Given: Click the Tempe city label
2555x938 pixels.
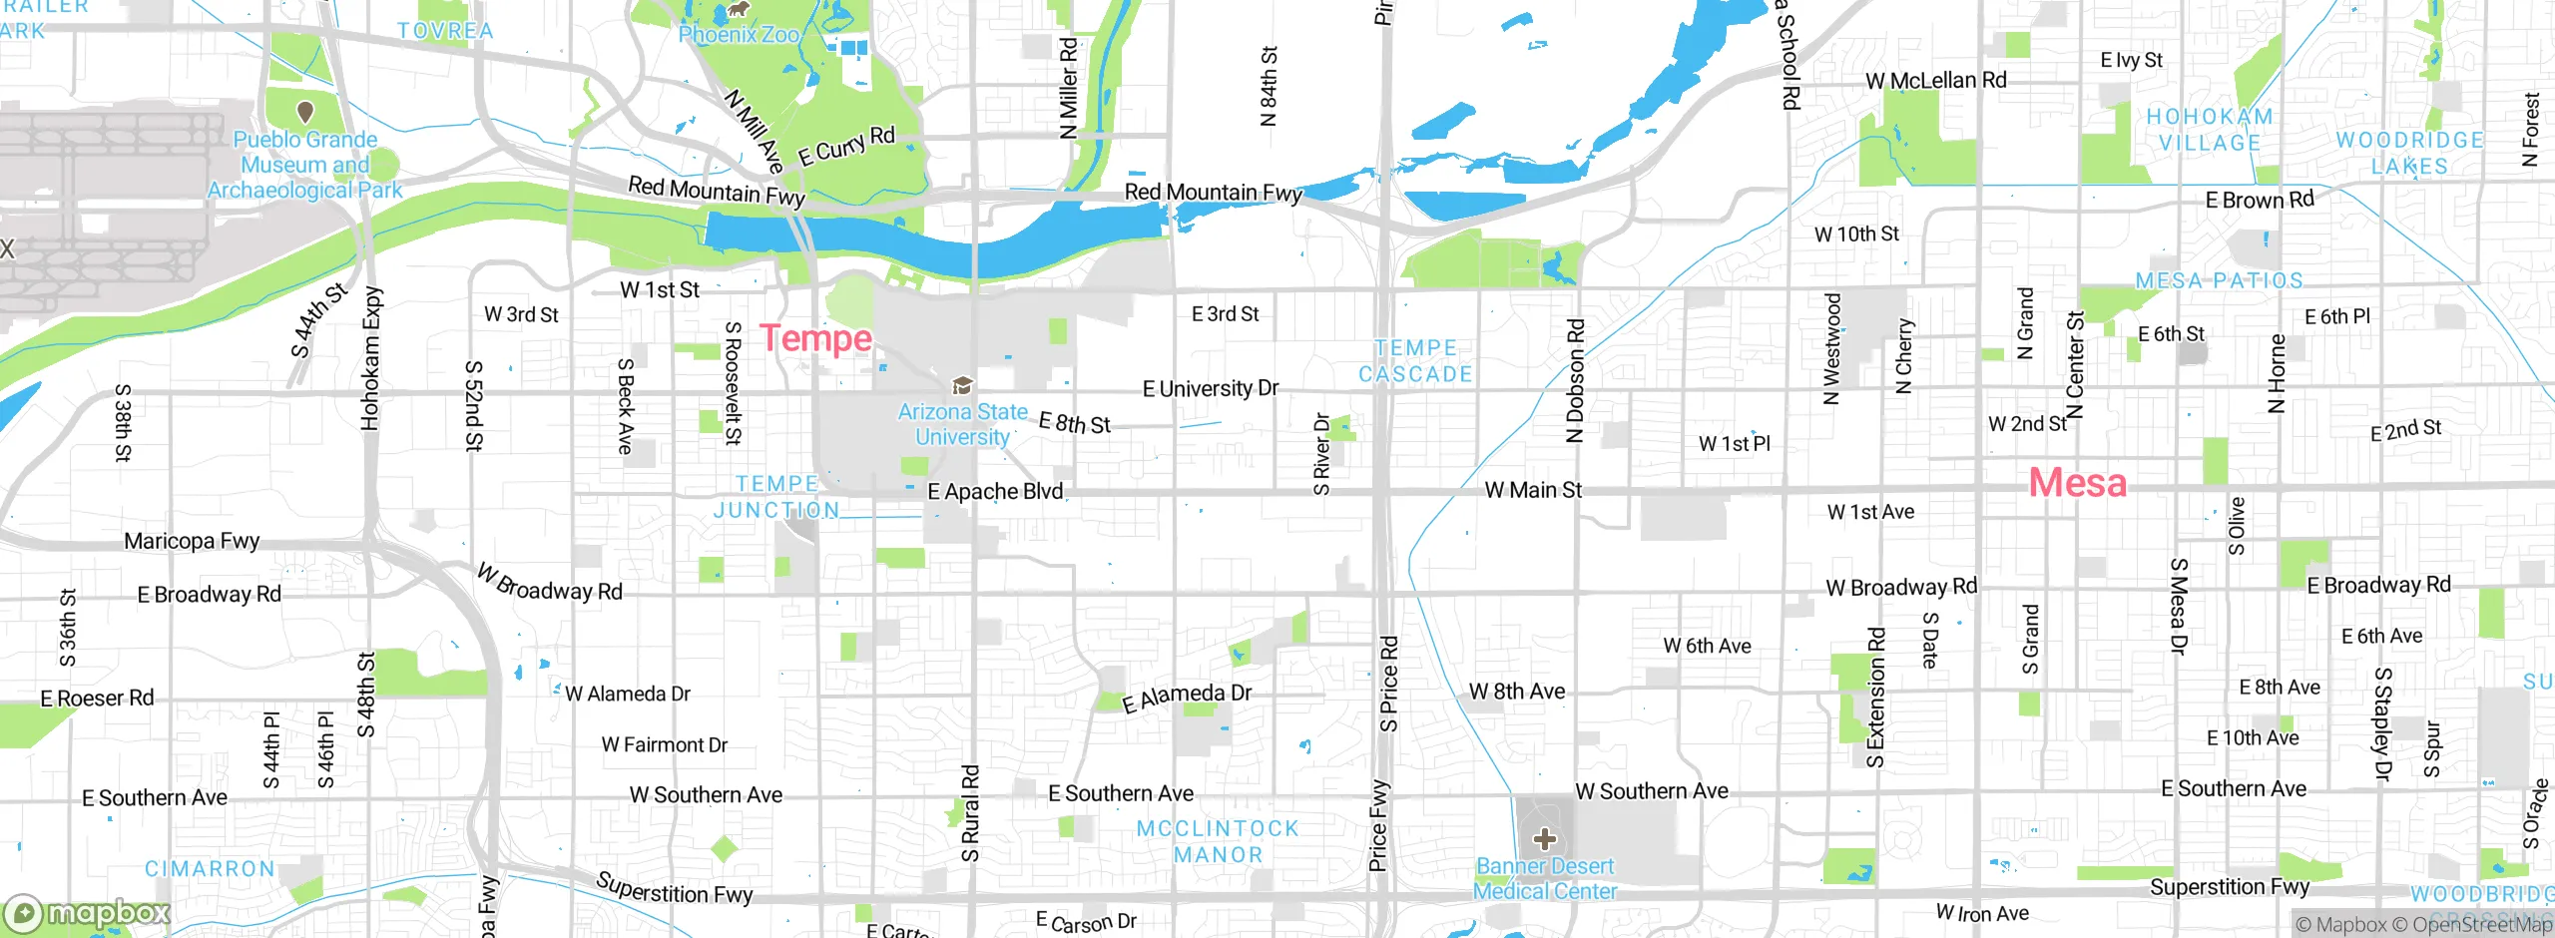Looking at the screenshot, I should click(x=815, y=338).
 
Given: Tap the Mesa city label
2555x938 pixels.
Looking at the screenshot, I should click(x=2077, y=483).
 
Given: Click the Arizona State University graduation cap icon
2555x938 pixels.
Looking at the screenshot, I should click(x=962, y=385).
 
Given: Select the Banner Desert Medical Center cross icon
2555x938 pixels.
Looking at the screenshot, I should click(x=1544, y=838).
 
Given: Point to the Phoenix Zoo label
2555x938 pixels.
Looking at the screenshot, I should click(x=739, y=35).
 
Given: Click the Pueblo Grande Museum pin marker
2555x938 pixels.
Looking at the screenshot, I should click(x=305, y=111).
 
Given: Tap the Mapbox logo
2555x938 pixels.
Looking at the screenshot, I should click(x=88, y=913).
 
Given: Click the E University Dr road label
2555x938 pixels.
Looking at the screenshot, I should click(x=1210, y=388).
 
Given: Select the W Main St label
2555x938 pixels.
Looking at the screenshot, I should click(x=1533, y=490).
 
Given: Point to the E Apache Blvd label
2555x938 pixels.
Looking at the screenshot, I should click(x=995, y=491).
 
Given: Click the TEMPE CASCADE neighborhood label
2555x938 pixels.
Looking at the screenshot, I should click(x=1415, y=361).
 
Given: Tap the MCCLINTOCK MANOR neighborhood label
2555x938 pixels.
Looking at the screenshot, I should click(x=1218, y=841).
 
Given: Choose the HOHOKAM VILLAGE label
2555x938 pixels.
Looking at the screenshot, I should click(x=2210, y=130).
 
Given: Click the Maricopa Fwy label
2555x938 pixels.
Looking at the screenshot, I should click(x=192, y=541).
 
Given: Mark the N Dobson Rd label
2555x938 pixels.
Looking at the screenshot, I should click(x=1575, y=380).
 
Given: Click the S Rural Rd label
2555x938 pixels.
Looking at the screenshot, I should click(x=970, y=812).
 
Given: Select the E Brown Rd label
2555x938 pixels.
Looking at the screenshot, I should click(x=2260, y=200).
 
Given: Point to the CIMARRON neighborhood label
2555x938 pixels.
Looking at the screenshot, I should click(x=210, y=869).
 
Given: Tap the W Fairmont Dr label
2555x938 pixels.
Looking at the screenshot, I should click(x=664, y=744).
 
